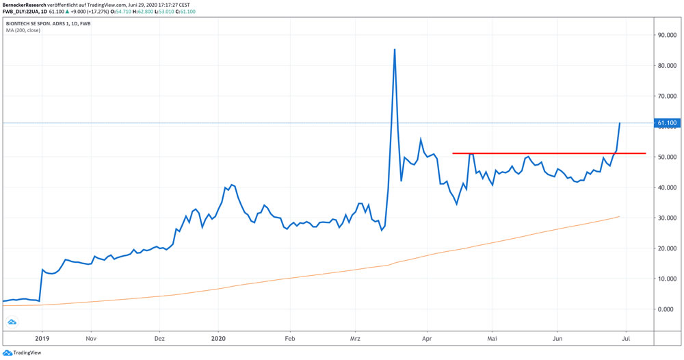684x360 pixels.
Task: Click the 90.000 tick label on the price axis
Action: pos(667,35)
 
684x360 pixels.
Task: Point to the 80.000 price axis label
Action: pos(667,66)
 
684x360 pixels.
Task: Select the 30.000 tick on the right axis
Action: pos(667,218)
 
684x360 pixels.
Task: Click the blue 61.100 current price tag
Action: pos(667,123)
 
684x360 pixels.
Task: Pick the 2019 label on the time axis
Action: pos(42,338)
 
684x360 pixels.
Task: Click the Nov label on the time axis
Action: pos(90,338)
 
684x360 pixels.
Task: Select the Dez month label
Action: pos(159,338)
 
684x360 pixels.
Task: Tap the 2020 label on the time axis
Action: pos(218,338)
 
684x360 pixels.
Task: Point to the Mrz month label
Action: pos(355,338)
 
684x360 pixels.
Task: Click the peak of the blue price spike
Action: pos(395,50)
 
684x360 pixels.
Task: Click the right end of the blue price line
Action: pos(620,123)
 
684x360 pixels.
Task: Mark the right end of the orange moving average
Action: pos(620,216)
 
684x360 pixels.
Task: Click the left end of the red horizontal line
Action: pos(453,153)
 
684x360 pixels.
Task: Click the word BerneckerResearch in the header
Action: pos(25,4)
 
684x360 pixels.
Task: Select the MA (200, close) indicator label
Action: pos(24,31)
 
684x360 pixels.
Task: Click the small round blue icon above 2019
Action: pos(12,322)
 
